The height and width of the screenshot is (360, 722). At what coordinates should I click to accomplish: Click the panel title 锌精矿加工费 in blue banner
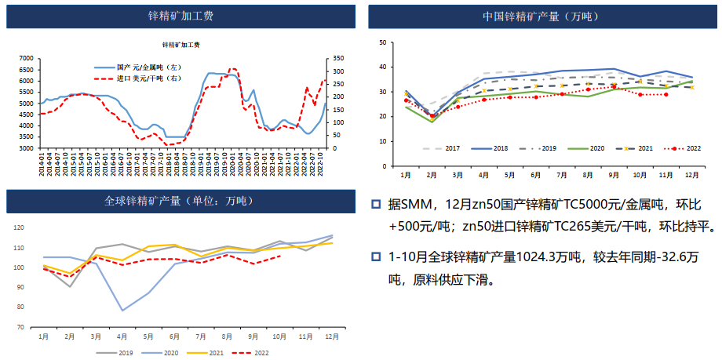click(180, 16)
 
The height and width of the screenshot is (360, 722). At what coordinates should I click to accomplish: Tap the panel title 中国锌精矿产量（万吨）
click(542, 16)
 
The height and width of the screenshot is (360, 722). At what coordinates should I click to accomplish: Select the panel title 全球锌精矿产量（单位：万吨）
click(180, 202)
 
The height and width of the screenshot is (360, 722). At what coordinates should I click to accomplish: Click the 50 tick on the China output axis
click(382, 43)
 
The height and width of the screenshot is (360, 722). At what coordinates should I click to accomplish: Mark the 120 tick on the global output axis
click(20, 227)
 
